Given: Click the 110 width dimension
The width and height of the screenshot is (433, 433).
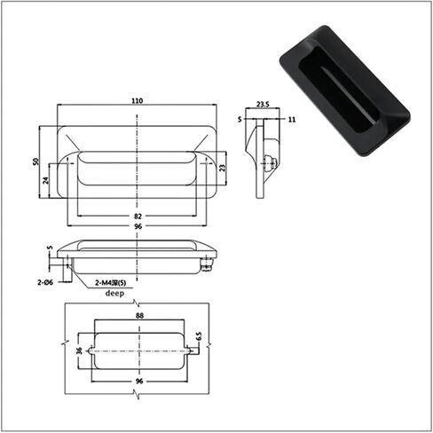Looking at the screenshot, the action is (x=138, y=100).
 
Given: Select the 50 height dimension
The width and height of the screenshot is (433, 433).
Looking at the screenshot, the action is (x=35, y=161).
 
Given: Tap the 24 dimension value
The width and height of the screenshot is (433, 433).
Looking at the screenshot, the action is (x=45, y=180).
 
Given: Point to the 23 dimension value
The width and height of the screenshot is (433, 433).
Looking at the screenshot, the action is (x=223, y=168).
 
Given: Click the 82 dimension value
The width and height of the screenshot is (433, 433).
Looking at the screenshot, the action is (x=138, y=216).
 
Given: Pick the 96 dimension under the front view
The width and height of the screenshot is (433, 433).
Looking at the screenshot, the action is (x=138, y=226).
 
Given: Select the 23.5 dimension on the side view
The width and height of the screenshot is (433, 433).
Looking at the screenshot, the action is (x=263, y=104).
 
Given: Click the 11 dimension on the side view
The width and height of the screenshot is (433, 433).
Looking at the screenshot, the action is (x=292, y=120).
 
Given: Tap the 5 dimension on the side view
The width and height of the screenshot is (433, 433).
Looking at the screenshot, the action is (x=240, y=119).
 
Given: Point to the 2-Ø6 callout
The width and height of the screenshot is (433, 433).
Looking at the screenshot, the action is (x=45, y=282).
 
